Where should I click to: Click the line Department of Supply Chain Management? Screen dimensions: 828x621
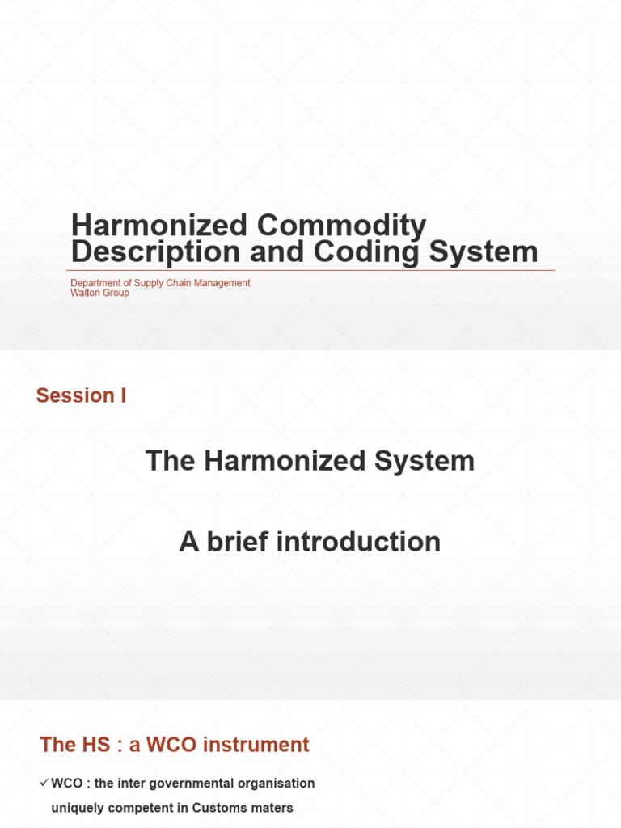pos(160,283)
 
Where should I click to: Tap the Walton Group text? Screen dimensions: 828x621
pos(99,293)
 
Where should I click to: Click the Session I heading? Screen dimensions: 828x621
pos(81,395)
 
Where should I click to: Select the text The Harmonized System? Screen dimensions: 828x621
pos(310,461)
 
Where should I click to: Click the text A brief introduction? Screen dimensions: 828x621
pos(310,542)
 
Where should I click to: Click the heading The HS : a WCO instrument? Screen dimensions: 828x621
pos(175,745)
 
